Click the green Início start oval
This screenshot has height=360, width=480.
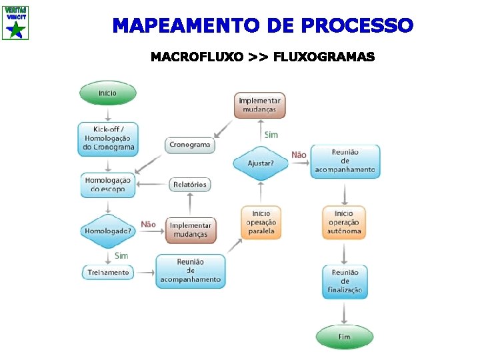point(107,93)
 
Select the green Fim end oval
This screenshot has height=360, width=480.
point(344,337)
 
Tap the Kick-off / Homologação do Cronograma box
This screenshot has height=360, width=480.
point(107,139)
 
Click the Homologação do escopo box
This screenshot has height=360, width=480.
point(107,185)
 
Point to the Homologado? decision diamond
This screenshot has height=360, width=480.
point(107,231)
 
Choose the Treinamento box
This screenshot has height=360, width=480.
point(107,272)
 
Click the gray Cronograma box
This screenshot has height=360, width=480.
point(190,145)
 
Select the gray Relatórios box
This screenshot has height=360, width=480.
point(190,184)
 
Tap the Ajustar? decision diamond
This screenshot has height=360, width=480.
point(261,163)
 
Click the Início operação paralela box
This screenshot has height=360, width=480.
point(260,222)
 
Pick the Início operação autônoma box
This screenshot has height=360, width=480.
point(344,223)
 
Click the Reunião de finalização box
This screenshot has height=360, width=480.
point(345,281)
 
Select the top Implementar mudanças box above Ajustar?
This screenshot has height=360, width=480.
point(260,105)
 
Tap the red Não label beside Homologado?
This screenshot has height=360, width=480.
point(148,225)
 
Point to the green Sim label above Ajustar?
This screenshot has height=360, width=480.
point(271,135)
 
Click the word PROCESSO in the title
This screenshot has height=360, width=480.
point(357,26)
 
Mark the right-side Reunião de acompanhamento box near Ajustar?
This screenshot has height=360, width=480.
point(345,161)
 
